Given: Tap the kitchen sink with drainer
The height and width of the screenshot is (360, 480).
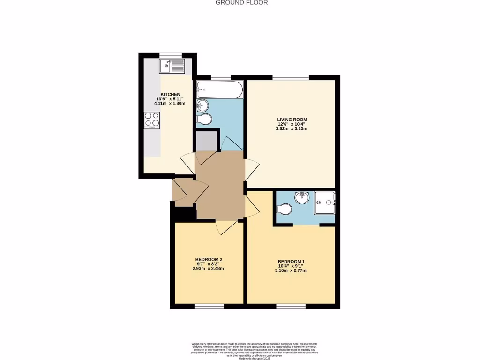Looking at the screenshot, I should coord(172,67).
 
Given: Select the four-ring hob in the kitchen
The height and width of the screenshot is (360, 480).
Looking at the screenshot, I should coord(152,120).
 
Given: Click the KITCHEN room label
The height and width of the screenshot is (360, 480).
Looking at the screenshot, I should coord(170,94).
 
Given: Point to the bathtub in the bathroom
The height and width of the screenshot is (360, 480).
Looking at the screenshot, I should coord(220,90).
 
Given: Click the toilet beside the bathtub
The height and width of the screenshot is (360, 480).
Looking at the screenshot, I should coord(205,119).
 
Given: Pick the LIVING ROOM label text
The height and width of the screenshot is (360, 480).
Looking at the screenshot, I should coord(292,120).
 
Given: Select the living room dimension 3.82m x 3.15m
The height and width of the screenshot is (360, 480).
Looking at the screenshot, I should coord(292,128).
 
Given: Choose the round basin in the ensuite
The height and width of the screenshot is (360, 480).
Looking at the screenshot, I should coord(299,197).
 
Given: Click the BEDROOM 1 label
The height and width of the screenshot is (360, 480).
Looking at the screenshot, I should coord(291,262).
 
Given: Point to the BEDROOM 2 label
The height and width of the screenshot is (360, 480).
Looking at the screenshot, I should coord(209,260).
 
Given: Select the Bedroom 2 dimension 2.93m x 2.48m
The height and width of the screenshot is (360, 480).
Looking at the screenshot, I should coord(209,269).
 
